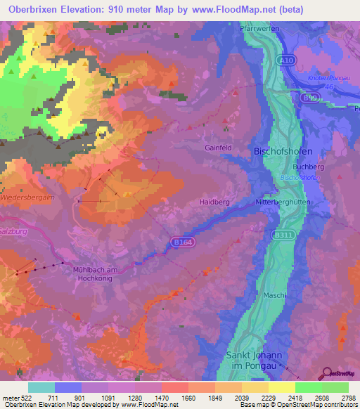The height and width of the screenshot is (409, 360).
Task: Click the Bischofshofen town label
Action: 283,152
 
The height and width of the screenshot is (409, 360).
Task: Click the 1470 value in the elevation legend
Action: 147,398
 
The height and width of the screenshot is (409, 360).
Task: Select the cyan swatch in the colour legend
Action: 41,387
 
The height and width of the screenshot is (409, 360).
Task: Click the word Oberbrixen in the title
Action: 32,10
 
